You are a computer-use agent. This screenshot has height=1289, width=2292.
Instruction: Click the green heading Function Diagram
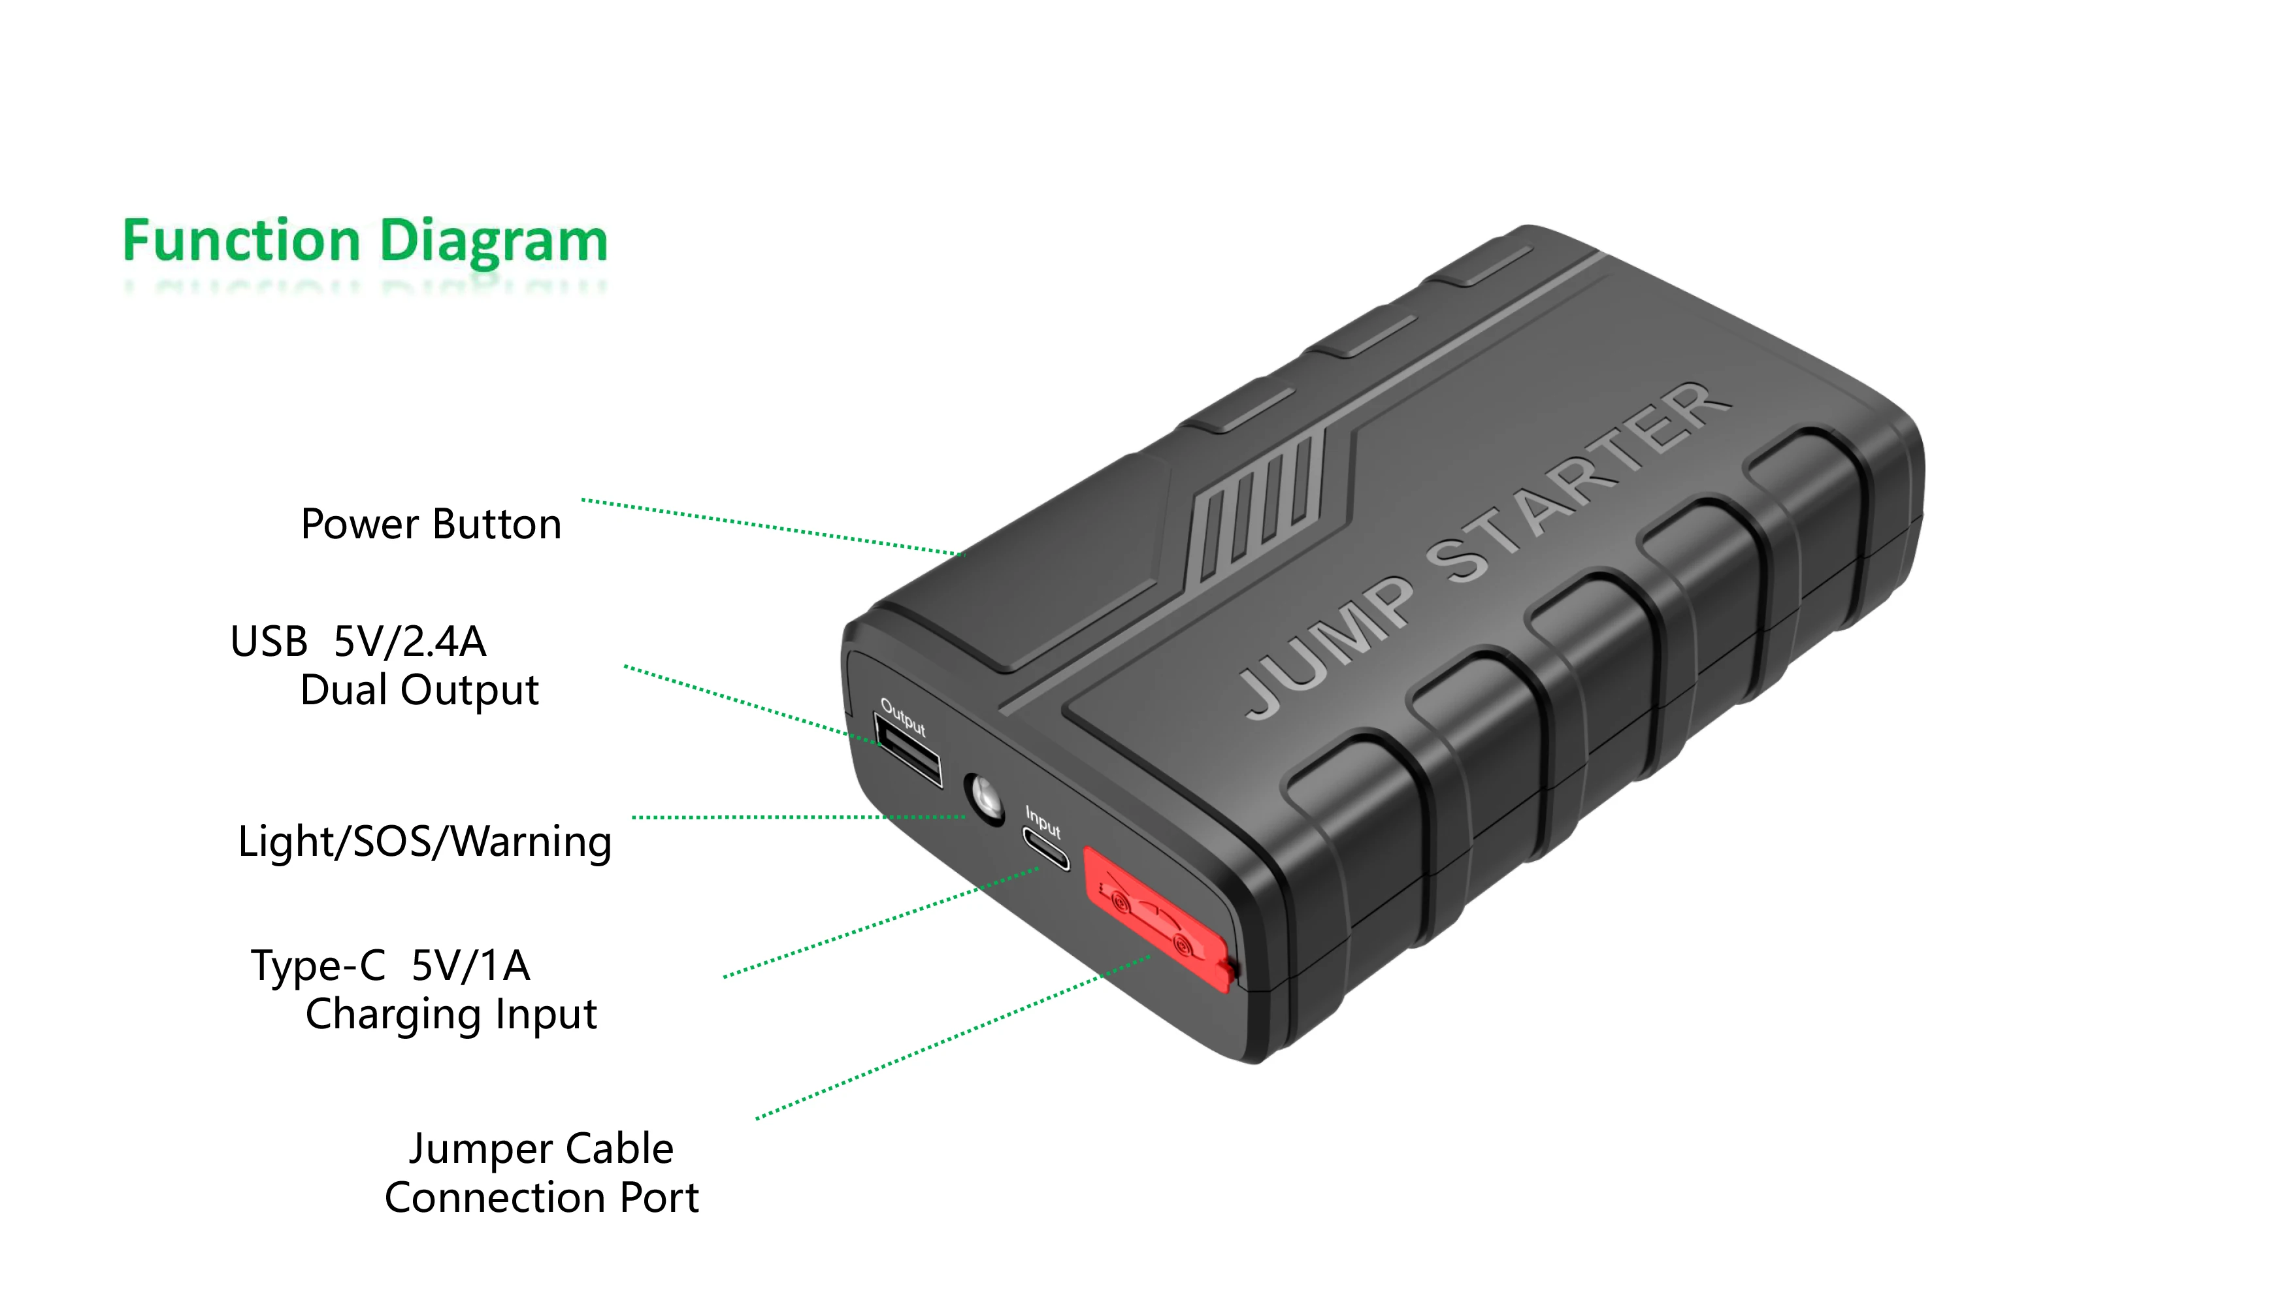coord(365,241)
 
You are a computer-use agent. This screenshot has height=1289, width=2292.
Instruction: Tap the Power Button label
coord(431,524)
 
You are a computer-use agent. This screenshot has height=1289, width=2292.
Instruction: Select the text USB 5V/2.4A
coord(357,642)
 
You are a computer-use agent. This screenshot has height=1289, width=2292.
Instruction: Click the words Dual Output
coord(419,691)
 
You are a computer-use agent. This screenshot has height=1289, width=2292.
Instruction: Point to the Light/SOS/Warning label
coord(425,841)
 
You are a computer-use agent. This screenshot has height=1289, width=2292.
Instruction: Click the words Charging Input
coord(451,1014)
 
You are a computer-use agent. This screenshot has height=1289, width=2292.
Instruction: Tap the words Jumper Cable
coord(541,1149)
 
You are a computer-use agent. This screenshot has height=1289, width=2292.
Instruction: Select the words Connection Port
coord(541,1198)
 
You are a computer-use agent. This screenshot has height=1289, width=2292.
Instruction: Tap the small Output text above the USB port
coord(903,717)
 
